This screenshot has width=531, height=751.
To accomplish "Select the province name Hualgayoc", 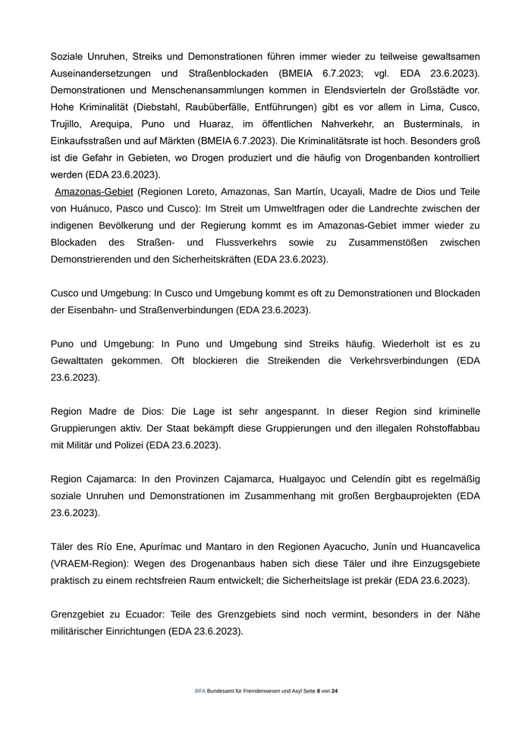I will pos(287,479).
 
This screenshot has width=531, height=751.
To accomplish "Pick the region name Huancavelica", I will pos(446,546).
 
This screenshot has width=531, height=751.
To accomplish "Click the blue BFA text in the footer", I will pos(200,691).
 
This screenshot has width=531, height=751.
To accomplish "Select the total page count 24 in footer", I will pos(335,691).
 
